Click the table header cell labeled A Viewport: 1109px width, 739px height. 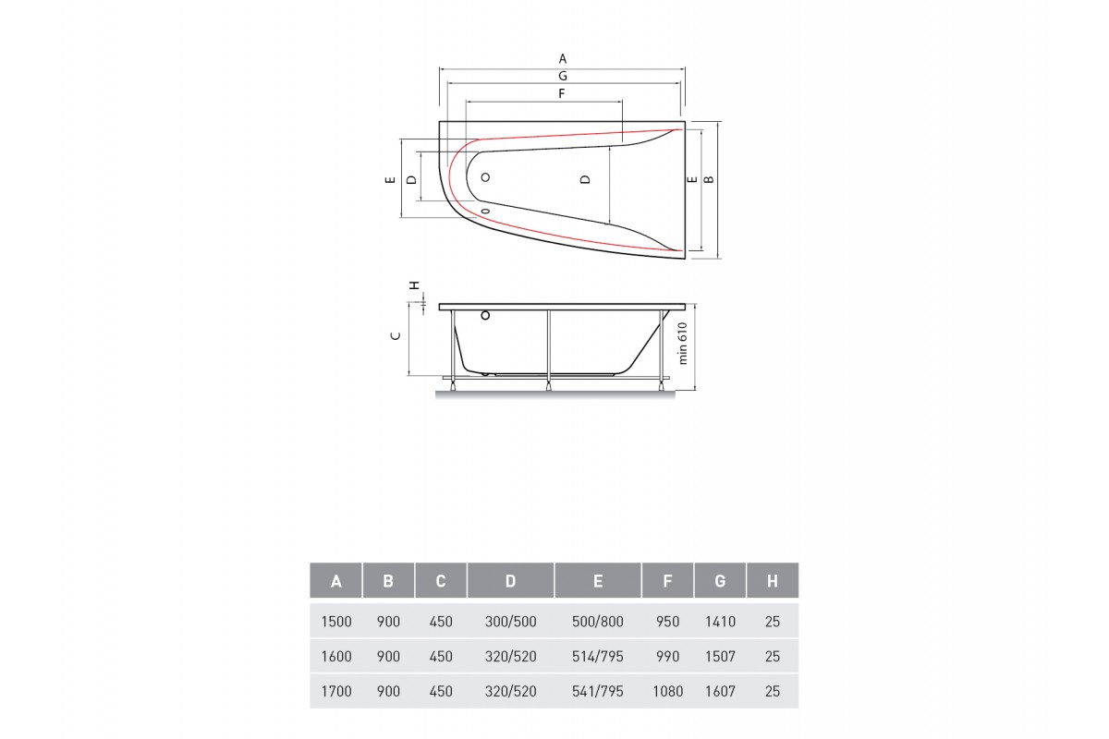click(336, 581)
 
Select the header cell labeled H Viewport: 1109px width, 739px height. click(773, 581)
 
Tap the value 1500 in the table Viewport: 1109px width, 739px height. click(336, 622)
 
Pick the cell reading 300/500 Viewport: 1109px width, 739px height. click(510, 622)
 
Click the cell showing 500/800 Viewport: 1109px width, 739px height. click(598, 622)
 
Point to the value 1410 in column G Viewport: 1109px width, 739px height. click(720, 622)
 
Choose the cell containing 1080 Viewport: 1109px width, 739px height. click(667, 691)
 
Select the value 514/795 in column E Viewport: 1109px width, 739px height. click(598, 657)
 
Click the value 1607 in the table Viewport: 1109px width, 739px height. click(720, 691)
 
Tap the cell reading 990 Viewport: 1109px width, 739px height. click(667, 657)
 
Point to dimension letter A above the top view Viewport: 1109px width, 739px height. click(562, 58)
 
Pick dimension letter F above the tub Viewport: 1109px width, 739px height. click(561, 93)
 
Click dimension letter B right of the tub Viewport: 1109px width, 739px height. click(709, 179)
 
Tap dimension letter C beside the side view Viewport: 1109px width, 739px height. click(396, 336)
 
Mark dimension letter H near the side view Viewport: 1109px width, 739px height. click(415, 285)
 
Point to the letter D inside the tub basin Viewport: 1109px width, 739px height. click(585, 179)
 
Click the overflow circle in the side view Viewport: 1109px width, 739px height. click(484, 317)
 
